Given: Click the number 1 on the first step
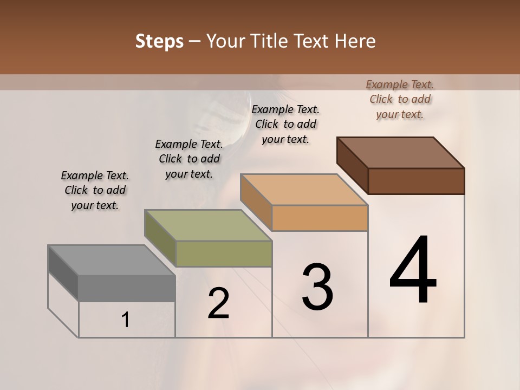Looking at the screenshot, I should tap(126, 320).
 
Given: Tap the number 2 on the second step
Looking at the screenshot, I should tap(218, 303).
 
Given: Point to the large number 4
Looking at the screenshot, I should tap(413, 270).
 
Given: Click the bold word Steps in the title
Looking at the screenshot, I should tap(159, 41).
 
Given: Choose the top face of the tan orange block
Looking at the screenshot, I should tap(304, 190).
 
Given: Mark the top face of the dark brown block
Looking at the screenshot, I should tap(401, 152).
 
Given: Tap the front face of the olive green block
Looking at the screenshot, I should tap(224, 253).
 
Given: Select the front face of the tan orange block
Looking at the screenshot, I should tap(320, 218).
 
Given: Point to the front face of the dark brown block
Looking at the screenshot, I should tap(416, 181).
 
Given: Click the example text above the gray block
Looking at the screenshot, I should tap(95, 190).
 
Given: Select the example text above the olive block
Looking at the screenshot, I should tap(189, 159).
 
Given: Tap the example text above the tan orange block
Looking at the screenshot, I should tap(285, 124).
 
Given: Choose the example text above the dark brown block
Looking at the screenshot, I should tap(400, 99).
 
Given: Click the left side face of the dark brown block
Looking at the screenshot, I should tap(352, 165).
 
